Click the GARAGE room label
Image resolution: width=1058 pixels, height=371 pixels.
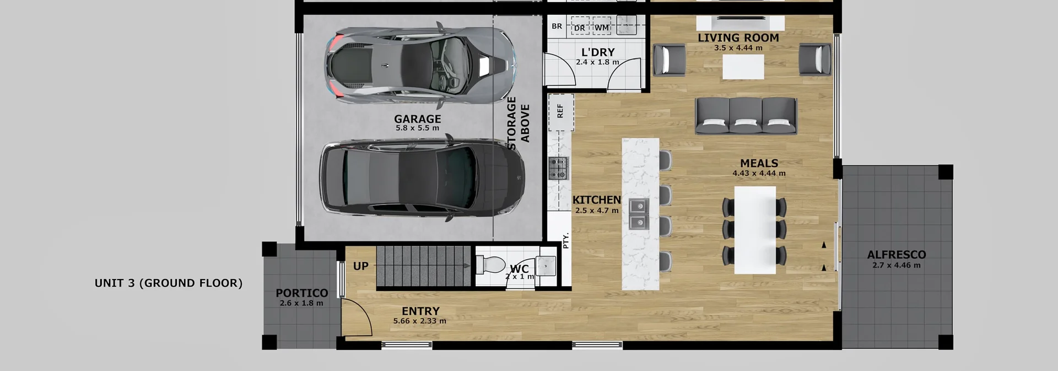click(417, 119)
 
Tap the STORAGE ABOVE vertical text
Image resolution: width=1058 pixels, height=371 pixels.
click(518, 123)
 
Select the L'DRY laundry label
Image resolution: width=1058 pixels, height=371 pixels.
click(598, 52)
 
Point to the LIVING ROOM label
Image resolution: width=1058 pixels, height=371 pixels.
click(738, 38)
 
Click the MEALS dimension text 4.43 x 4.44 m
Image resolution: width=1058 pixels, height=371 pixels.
click(759, 173)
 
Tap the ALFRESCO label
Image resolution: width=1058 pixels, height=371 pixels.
click(896, 255)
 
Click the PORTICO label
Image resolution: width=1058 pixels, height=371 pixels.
click(301, 293)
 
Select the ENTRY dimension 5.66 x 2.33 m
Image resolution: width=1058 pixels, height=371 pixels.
click(419, 321)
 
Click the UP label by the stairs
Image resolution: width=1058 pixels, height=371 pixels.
click(361, 266)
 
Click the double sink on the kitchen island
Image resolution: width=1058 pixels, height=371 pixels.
click(639, 214)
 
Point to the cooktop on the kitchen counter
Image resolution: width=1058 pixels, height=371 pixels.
click(558, 168)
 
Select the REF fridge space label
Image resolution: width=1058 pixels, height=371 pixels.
click(560, 111)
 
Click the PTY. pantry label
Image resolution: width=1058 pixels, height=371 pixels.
click(565, 240)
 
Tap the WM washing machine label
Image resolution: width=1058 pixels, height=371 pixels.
click(602, 28)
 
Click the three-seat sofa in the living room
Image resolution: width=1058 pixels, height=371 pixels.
click(746, 116)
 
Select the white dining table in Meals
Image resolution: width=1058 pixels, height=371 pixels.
click(755, 230)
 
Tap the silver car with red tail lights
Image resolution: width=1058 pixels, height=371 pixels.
click(421, 64)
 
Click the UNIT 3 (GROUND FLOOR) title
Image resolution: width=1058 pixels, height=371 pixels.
click(169, 283)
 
